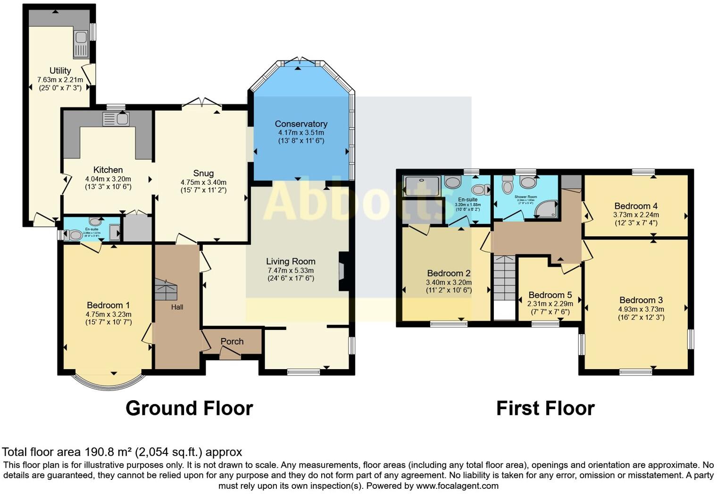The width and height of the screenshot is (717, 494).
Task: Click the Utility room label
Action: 60,71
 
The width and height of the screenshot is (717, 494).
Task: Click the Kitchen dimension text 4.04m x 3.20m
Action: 108,179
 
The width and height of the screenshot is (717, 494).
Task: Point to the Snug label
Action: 203,173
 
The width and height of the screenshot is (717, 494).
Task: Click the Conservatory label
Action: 301,124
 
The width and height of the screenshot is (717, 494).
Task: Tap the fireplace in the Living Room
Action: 342,272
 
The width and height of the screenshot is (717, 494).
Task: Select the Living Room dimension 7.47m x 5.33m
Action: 291,270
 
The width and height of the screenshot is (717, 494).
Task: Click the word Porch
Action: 232,341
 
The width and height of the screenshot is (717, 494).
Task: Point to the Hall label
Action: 177,307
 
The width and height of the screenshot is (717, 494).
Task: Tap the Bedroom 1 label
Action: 108,305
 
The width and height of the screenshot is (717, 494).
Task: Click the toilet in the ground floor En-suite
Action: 74,234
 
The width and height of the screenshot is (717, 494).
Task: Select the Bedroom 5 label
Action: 550,295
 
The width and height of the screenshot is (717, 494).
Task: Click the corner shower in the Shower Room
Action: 548,209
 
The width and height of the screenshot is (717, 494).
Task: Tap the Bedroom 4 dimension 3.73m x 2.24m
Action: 636,214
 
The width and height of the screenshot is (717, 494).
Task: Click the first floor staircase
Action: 505,278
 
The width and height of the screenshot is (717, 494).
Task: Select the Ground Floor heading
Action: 189,408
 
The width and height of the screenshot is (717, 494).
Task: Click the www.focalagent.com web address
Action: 457,486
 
